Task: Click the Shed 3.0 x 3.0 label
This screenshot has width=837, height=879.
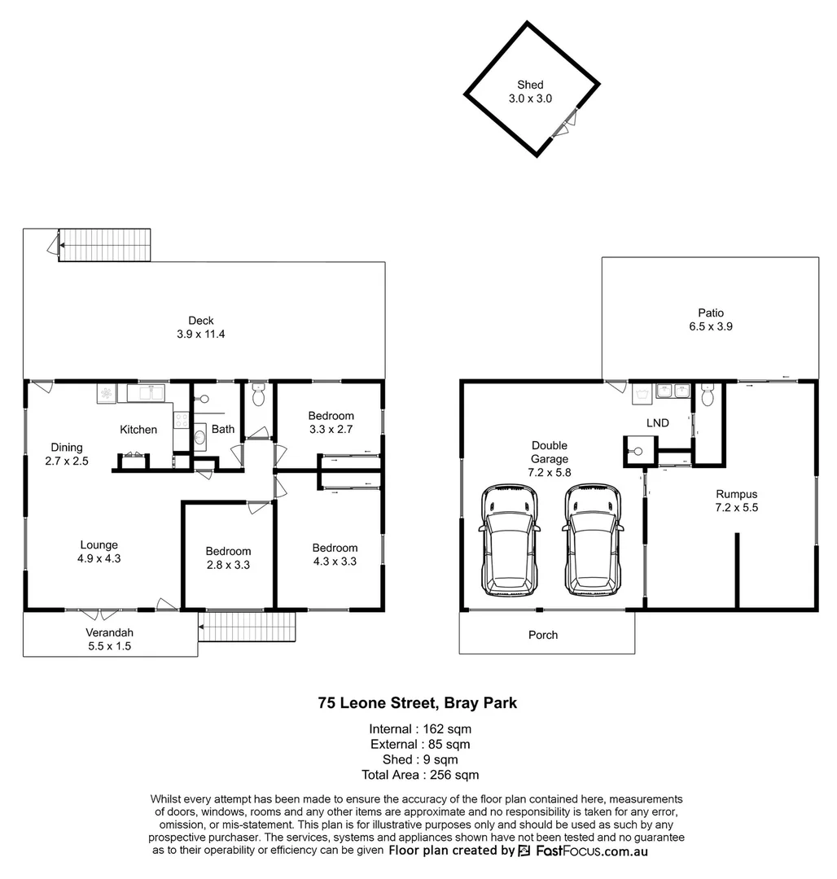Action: tap(530, 91)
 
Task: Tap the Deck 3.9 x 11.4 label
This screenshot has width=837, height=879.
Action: tap(201, 327)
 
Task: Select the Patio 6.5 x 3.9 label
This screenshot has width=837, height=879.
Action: tap(710, 319)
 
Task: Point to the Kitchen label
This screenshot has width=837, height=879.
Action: tap(138, 430)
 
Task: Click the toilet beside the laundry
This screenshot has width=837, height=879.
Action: tap(707, 396)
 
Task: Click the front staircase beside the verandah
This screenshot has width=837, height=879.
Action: tap(247, 627)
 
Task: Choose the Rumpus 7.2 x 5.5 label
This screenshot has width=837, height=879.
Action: tap(736, 501)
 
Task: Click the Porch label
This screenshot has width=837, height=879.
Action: tap(543, 635)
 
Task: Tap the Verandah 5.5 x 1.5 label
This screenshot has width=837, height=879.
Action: tap(108, 640)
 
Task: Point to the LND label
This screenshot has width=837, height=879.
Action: tap(658, 422)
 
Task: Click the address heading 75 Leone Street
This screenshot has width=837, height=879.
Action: tap(418, 702)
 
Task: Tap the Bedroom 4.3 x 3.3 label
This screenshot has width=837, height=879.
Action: tap(335, 554)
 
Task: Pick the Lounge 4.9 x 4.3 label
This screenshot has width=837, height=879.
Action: tap(99, 552)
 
